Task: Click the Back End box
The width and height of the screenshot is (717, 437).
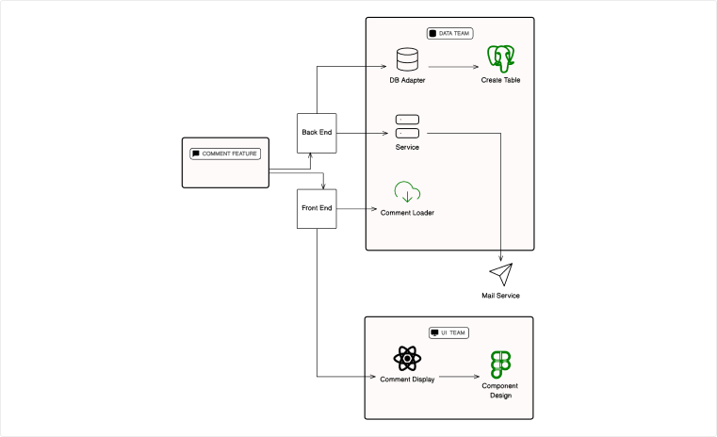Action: [x=317, y=132]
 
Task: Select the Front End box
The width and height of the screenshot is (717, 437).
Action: [x=317, y=208]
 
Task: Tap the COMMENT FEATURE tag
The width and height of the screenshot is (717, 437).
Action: [x=224, y=153]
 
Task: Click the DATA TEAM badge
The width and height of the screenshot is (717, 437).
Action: [x=450, y=33]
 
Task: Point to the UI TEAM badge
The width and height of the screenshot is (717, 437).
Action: [x=449, y=332]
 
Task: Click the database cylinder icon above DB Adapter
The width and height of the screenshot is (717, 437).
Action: [x=408, y=59]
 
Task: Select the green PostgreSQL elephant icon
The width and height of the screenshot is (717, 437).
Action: [x=500, y=58]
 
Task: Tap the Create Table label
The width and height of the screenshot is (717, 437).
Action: [x=500, y=80]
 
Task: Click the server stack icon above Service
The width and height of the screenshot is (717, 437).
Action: [x=407, y=126]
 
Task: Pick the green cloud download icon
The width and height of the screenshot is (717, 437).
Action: [x=407, y=191]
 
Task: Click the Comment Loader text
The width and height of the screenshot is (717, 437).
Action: [x=407, y=213]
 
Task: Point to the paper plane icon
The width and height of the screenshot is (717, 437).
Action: [x=500, y=274]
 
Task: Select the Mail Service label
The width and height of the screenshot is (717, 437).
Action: [x=500, y=296]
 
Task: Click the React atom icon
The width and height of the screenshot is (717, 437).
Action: [x=407, y=358]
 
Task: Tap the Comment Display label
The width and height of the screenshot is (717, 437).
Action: [x=407, y=380]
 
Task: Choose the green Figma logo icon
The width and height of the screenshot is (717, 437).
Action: [x=500, y=364]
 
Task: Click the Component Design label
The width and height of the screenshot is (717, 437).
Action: [x=500, y=391]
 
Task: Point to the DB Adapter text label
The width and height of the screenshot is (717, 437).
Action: [x=408, y=80]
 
